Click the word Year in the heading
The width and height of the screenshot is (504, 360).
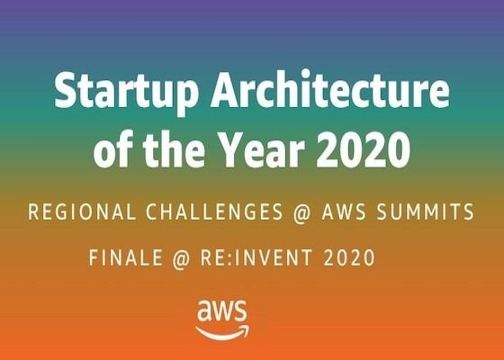click(263, 149)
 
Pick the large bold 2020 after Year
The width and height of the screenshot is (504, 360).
click(364, 149)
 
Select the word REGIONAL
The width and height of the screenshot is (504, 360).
click(82, 211)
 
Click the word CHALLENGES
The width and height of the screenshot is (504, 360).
click(214, 211)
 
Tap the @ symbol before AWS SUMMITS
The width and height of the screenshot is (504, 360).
click(302, 212)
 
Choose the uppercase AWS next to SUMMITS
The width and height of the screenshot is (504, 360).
click(344, 211)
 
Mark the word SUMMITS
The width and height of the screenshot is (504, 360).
click(425, 211)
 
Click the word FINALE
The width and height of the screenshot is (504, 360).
click(126, 257)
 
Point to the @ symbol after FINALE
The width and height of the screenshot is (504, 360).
click(181, 258)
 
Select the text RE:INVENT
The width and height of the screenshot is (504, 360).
click(256, 257)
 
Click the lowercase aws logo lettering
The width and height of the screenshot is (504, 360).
click(221, 310)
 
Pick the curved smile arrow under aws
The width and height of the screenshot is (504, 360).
click(221, 334)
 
